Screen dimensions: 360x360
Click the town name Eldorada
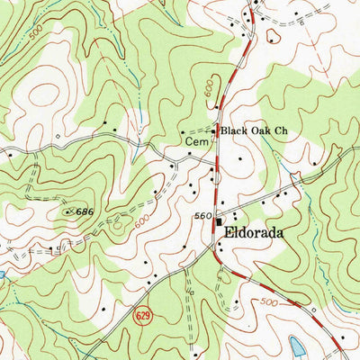[254, 231]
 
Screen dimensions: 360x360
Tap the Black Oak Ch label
[254, 131]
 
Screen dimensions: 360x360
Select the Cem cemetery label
[195, 141]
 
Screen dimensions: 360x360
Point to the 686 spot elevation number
[85, 211]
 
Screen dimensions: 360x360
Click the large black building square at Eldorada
[218, 217]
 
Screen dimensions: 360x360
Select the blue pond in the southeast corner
[298, 346]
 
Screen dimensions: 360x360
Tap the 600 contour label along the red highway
[210, 87]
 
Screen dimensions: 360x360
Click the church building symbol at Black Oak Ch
[214, 132]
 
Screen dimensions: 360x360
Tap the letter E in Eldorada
[227, 231]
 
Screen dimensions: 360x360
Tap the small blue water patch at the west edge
[3, 273]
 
